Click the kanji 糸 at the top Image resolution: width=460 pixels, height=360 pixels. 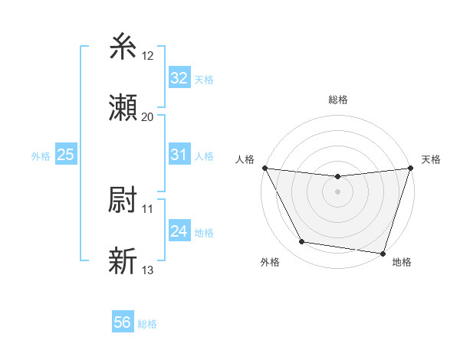pos(123,48)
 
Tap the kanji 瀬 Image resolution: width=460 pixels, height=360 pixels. pos(123,108)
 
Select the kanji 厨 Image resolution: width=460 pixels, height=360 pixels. pos(123,200)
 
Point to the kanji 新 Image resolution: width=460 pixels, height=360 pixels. pos(123,261)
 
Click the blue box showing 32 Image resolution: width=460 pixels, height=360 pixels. pos(179,78)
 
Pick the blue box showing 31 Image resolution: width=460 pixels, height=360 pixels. pos(179,155)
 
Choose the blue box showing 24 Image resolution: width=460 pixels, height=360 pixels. pos(179,231)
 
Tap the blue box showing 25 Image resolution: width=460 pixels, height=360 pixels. pos(66,155)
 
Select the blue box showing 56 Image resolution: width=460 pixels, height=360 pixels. pos(123,322)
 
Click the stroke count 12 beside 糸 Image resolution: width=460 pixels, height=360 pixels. pos(147,56)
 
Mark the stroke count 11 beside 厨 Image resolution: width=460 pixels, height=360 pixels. pos(147,208)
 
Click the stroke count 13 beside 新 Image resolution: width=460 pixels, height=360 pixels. pos(147,270)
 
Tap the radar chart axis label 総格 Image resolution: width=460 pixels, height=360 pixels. pos(337,100)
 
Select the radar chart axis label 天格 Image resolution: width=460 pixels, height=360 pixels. pos(431,159)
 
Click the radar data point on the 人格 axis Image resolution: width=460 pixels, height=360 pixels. pos(264,168)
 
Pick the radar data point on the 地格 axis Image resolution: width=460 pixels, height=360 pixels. pos(383,253)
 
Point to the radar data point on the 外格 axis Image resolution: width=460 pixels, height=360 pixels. pos(302,242)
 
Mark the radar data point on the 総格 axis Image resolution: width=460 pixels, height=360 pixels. pos(337,178)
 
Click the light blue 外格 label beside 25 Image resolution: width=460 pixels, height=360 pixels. pos(41,155)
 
